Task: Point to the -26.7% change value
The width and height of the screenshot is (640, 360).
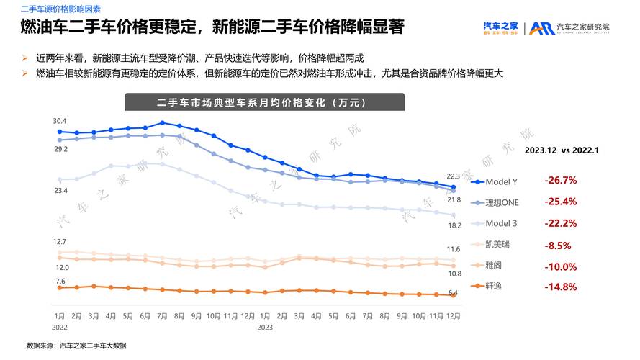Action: pyautogui.click(x=561, y=180)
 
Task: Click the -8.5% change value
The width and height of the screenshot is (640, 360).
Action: pyautogui.click(x=557, y=245)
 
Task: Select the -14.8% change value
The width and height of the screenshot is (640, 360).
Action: pyautogui.click(x=561, y=287)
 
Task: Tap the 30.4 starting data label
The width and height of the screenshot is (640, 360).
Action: pyautogui.click(x=60, y=121)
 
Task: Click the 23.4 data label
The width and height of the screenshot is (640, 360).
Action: pyautogui.click(x=60, y=191)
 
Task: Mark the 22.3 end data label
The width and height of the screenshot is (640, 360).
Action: pyautogui.click(x=453, y=176)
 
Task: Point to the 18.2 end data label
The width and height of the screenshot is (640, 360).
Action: pyautogui.click(x=454, y=225)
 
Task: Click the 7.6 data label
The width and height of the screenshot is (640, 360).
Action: pyautogui.click(x=60, y=281)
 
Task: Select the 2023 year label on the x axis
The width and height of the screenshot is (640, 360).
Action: pyautogui.click(x=265, y=327)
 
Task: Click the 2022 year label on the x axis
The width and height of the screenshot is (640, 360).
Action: pyautogui.click(x=60, y=327)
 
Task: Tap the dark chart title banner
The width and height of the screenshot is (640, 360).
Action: pyautogui.click(x=265, y=102)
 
